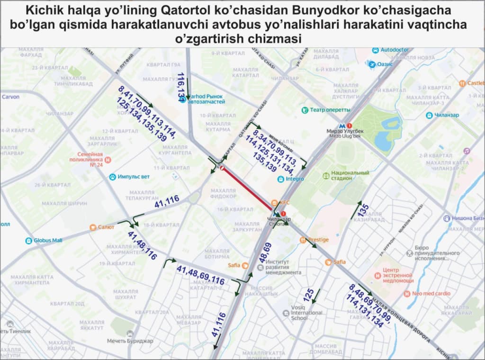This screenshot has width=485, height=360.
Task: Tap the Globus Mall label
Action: pyautogui.click(x=47, y=240)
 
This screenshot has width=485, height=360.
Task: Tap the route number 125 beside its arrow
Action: pyautogui.click(x=309, y=295)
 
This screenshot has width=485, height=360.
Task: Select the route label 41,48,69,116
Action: pyautogui.click(x=200, y=275)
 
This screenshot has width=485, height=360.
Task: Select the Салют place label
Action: pyautogui.click(x=106, y=227)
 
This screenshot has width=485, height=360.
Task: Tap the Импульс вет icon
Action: pyautogui.click(x=113, y=177)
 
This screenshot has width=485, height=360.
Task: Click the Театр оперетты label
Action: pyautogui.click(x=330, y=110)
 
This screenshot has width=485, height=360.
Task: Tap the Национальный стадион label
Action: pyautogui.click(x=350, y=175)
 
